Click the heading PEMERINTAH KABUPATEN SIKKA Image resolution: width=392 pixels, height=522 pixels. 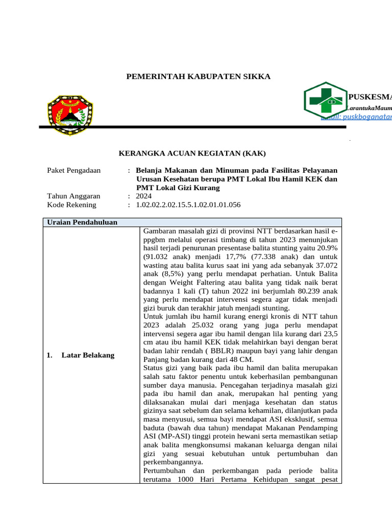tap(198, 76)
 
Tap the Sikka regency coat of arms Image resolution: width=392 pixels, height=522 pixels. tap(70, 113)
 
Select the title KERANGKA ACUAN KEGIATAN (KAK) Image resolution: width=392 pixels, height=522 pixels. tap(192, 153)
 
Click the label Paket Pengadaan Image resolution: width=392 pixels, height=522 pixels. tap(73, 170)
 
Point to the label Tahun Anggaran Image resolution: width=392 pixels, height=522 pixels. tap(73, 196)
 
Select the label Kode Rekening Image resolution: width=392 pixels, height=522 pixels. tap(71, 205)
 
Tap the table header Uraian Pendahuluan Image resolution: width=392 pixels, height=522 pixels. tap(82, 222)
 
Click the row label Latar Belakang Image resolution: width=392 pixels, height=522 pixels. tap(88, 355)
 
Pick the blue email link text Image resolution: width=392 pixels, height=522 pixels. tap(357, 117)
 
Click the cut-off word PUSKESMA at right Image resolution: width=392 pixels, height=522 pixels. tap(370, 97)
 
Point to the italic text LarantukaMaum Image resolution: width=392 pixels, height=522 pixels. tap(369, 108)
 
